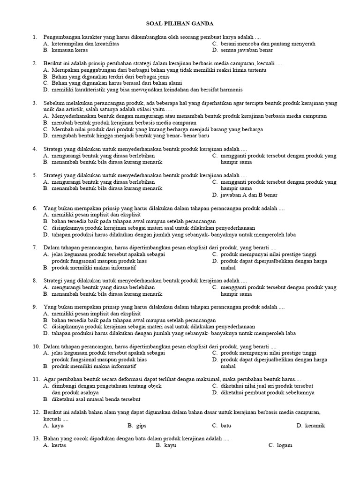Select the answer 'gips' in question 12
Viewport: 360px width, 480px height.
click(x=141, y=426)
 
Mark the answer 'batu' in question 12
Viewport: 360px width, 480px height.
click(x=226, y=426)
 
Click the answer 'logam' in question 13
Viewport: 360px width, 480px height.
click(x=285, y=445)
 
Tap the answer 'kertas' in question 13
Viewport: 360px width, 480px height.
click(x=59, y=445)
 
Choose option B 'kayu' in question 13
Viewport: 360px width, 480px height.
click(x=170, y=445)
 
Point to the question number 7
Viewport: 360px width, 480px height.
click(x=35, y=247)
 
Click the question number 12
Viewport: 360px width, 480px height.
click(x=36, y=412)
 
